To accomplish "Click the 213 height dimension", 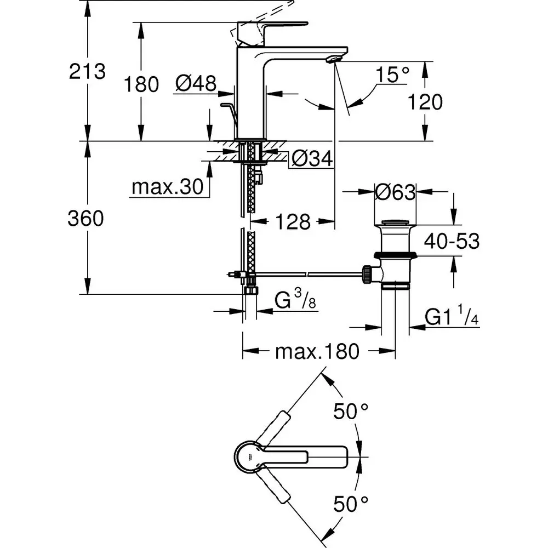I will coord(87,71).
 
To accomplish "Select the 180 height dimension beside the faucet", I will coord(141,84).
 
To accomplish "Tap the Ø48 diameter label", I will coord(196,83).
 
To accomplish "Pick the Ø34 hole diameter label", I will coord(312,159).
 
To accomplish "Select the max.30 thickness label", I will coord(167,187).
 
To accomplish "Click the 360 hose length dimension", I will coord(85,219).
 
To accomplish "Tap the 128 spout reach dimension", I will coord(293,222).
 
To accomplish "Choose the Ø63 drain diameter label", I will coord(395,192).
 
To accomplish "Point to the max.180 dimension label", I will coord(317,351).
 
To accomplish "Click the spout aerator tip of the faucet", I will coord(334,58).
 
